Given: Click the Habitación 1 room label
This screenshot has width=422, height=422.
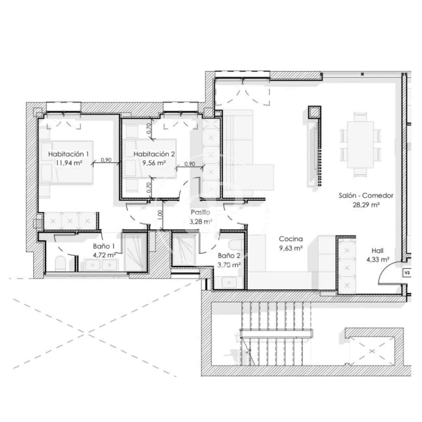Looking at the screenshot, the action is (x=69, y=154).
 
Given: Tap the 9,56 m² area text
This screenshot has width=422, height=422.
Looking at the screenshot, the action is (x=154, y=163).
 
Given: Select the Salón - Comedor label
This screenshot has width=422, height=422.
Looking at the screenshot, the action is (x=366, y=195).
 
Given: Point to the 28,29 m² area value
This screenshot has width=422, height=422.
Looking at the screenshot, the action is (x=366, y=205).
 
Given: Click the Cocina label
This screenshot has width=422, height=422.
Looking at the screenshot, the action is (x=291, y=239).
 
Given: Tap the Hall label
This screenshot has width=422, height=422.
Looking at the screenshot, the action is (x=377, y=250).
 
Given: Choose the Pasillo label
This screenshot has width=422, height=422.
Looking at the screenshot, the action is (x=200, y=212).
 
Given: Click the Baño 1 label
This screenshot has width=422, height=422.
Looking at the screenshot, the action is (x=104, y=246).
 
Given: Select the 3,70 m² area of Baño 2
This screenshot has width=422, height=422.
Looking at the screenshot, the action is (x=229, y=265).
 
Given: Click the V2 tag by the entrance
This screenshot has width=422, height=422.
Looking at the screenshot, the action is (x=407, y=273).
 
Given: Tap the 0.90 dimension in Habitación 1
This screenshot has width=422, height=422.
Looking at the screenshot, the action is (x=106, y=160).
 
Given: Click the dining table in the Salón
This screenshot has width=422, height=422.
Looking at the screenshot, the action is (x=360, y=145).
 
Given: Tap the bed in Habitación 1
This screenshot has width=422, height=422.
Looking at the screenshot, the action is (x=67, y=162).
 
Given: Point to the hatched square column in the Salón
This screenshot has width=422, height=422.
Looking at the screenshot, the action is (x=314, y=112).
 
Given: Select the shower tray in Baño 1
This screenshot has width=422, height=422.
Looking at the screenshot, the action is (x=135, y=252).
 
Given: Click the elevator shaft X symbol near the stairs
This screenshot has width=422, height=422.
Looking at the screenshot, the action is (x=372, y=352).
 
